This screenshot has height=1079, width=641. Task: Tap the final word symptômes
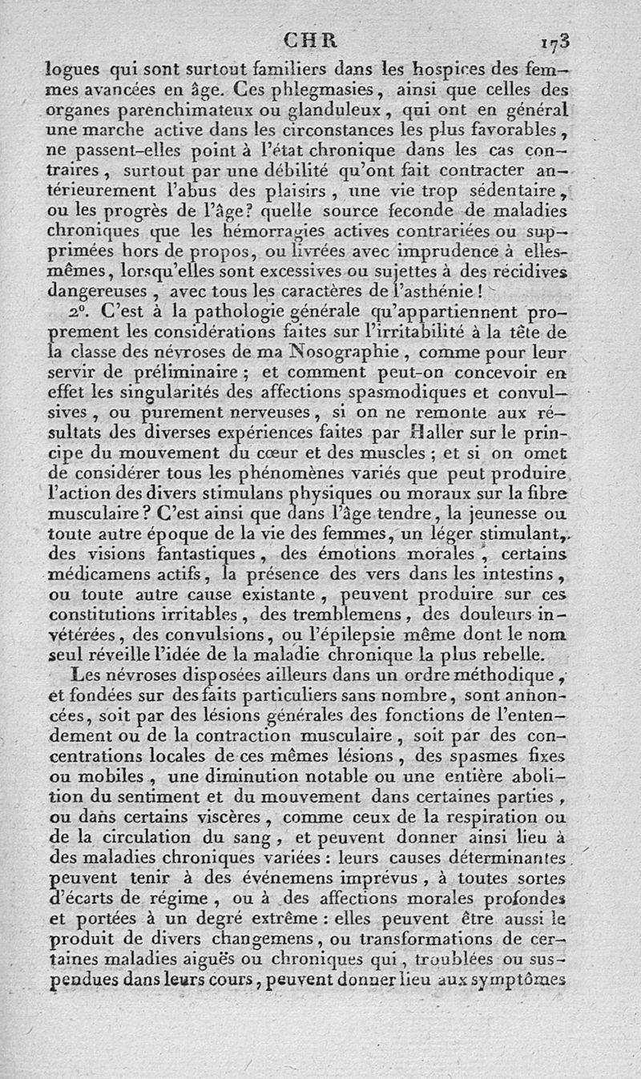coord(520,978)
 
